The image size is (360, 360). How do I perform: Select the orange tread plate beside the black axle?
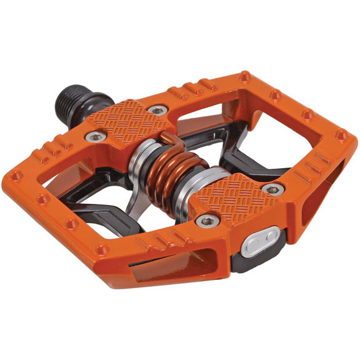pyautogui.click(x=134, y=122)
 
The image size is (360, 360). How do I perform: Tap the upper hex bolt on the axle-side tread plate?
pyautogui.click(x=159, y=110)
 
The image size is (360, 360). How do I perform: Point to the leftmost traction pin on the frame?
pyautogui.click(x=15, y=177)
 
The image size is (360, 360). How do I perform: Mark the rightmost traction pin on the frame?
pyautogui.click(x=342, y=134)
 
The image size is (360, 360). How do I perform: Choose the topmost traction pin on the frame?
pyautogui.click(x=245, y=77)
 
